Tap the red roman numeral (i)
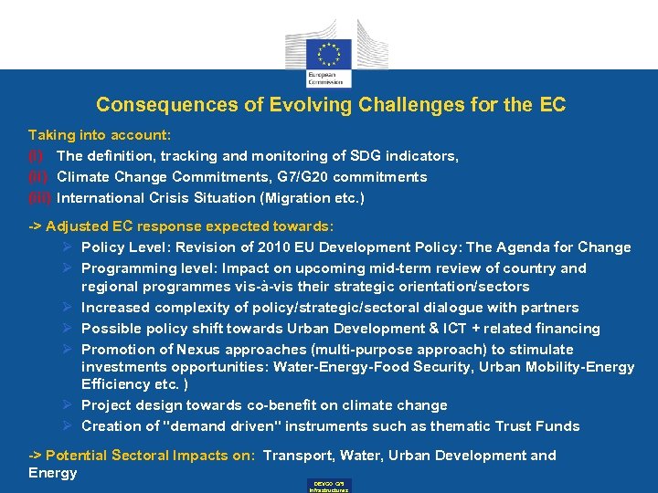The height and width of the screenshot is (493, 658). [x=36, y=156]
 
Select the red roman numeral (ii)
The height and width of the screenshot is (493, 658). [x=38, y=177]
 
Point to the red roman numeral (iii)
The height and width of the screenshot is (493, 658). [x=40, y=198]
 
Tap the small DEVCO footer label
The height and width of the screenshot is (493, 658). [x=329, y=485]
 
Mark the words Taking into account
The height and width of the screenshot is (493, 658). [x=100, y=135]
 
